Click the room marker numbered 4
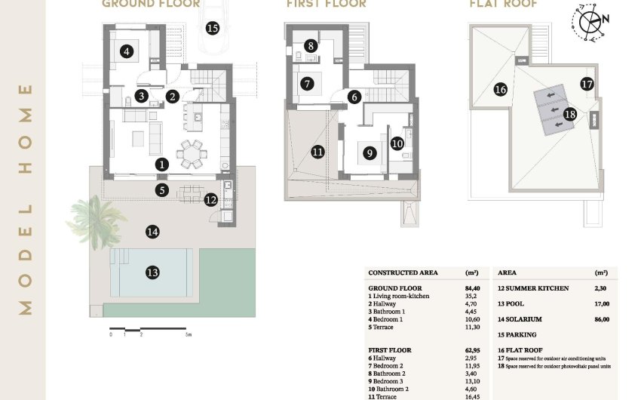(127, 51)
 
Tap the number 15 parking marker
(212, 28)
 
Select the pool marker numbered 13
(153, 272)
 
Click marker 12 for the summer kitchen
(210, 200)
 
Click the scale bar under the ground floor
(151, 328)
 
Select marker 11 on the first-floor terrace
(317, 152)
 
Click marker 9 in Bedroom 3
(369, 152)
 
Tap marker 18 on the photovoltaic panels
(570, 114)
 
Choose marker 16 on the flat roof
(500, 89)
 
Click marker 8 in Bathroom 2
(311, 46)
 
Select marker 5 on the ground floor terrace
(162, 189)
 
